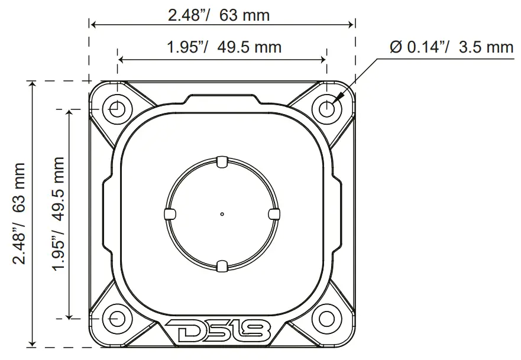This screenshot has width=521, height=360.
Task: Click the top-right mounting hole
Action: tap(326, 109)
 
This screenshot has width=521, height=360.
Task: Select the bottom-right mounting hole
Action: tap(326, 318)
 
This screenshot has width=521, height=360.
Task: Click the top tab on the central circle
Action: tap(222, 161)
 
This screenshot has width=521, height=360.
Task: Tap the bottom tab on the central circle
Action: tap(222, 266)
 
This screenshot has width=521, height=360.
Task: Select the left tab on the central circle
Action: tap(168, 213)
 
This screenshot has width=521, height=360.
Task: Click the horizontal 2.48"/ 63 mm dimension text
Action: tap(218, 14)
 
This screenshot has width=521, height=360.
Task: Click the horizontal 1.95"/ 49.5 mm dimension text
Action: tap(222, 47)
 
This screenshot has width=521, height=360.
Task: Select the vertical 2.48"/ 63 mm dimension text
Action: tap(20, 213)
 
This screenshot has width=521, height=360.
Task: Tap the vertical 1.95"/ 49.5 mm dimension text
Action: tap(57, 213)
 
